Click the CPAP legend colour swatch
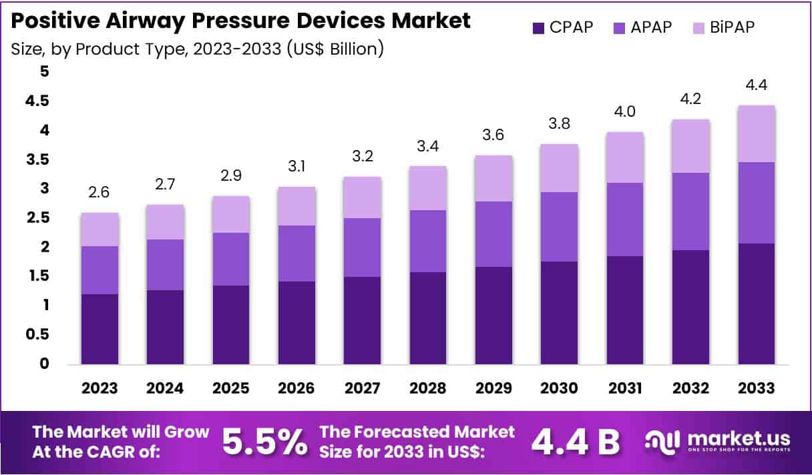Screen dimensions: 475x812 pos(538,27)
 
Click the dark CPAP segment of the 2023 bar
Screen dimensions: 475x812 pos(100,329)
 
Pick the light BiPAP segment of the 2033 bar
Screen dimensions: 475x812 pos(756,133)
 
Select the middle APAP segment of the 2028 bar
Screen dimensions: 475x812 pos(428,241)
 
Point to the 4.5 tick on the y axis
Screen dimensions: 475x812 pos(37,101)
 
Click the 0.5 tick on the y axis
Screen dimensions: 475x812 pos(37,334)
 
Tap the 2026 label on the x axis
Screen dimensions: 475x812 pos(296,388)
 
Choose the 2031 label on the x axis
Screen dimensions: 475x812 pos(625,388)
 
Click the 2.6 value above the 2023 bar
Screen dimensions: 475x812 pos(100,193)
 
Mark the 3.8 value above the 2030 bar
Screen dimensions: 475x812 pos(560,124)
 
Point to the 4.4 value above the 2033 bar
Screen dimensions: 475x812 pos(756,85)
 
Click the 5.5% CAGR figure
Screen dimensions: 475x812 pos(264,442)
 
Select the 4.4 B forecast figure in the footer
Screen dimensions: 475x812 pos(576,442)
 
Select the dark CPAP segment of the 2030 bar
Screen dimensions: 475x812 pos(560,313)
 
